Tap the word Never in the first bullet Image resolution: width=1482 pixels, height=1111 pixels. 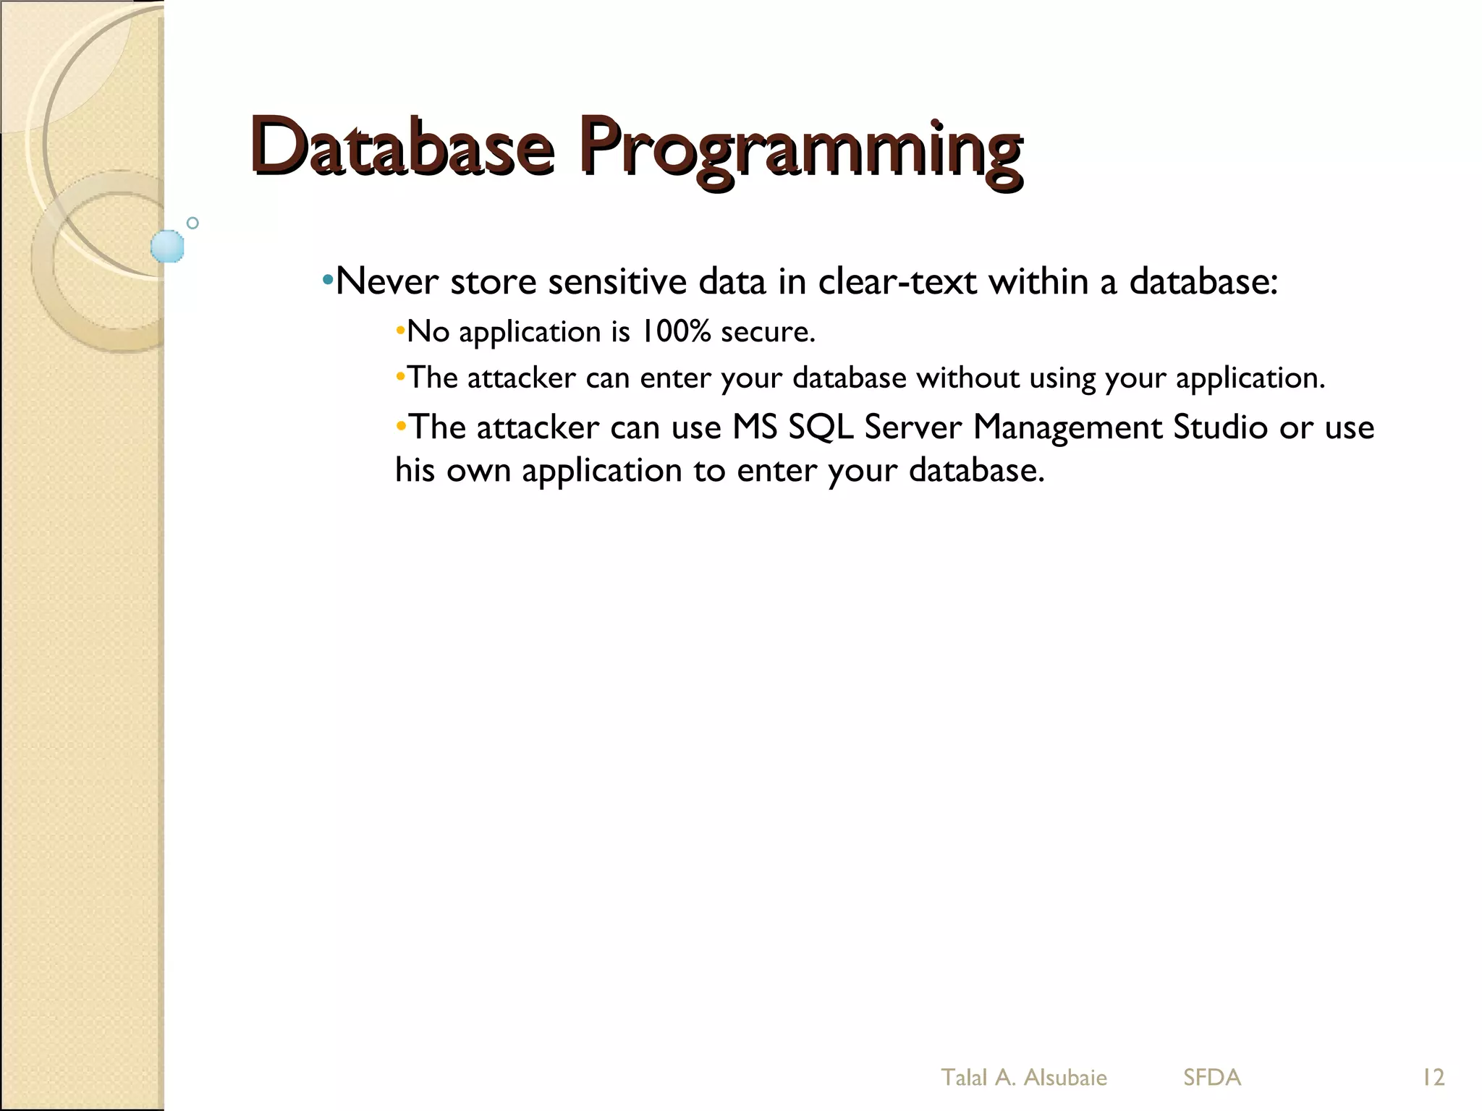coord(387,281)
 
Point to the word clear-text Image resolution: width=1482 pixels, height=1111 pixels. coord(897,281)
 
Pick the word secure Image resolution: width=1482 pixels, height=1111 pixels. coord(768,333)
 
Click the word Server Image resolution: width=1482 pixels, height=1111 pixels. coord(913,427)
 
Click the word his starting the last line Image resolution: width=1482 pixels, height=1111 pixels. coord(415,470)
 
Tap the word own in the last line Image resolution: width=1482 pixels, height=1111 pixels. coord(478,472)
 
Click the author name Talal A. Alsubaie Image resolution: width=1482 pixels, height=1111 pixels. coord(1023,1078)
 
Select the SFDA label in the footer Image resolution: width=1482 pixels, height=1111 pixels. coord(1212,1078)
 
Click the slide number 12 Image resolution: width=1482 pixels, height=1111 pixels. coord(1433,1078)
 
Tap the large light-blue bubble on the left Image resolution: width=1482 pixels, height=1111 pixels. coord(167,247)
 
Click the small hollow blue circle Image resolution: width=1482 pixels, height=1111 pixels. coord(192,223)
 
